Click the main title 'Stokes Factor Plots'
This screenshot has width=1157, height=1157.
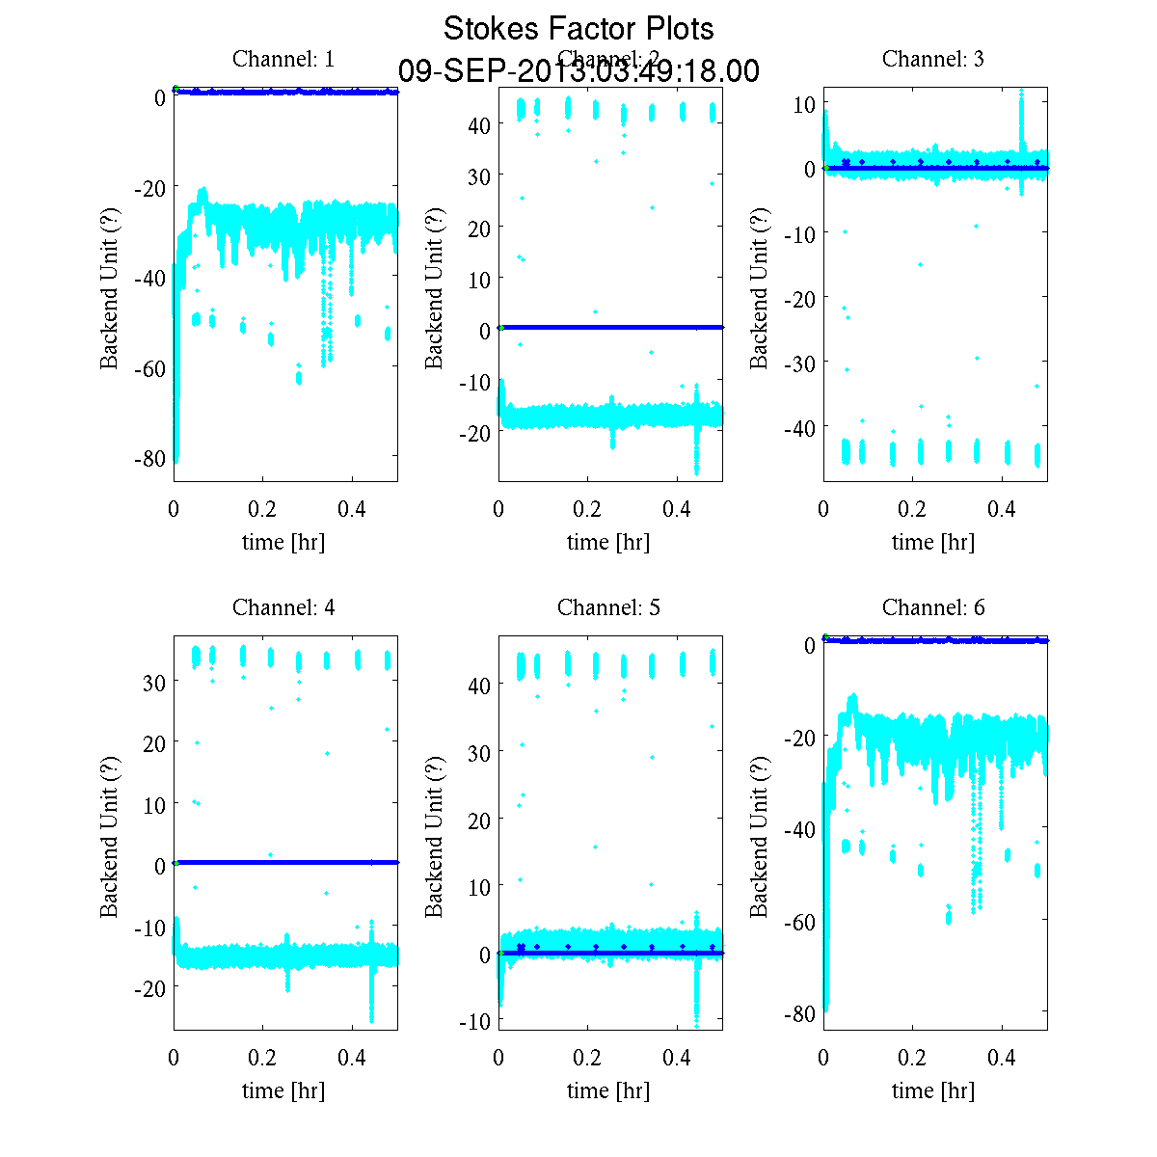[x=578, y=29]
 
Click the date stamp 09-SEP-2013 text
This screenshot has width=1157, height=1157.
[x=578, y=71]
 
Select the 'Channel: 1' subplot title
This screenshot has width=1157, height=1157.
[x=283, y=59]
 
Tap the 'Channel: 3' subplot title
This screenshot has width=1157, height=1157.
[x=933, y=59]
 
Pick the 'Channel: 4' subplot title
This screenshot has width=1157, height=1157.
[x=283, y=607]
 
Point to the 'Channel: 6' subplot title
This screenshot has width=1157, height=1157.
[x=933, y=607]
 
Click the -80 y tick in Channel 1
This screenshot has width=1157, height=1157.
[x=149, y=459]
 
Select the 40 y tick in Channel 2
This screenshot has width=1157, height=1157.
[x=479, y=124]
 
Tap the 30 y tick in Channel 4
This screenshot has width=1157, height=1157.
[x=153, y=682]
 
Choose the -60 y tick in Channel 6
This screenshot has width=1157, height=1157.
[x=799, y=923]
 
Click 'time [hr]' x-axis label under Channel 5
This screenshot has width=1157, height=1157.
[x=608, y=1090]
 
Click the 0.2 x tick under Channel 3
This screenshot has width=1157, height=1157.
[x=912, y=509]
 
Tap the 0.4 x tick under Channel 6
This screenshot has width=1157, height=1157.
[x=1002, y=1058]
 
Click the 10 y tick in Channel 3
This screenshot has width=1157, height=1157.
[x=804, y=104]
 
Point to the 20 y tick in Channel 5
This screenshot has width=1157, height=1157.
[x=479, y=820]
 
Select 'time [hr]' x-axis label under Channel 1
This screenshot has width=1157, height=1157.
[x=283, y=542]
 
